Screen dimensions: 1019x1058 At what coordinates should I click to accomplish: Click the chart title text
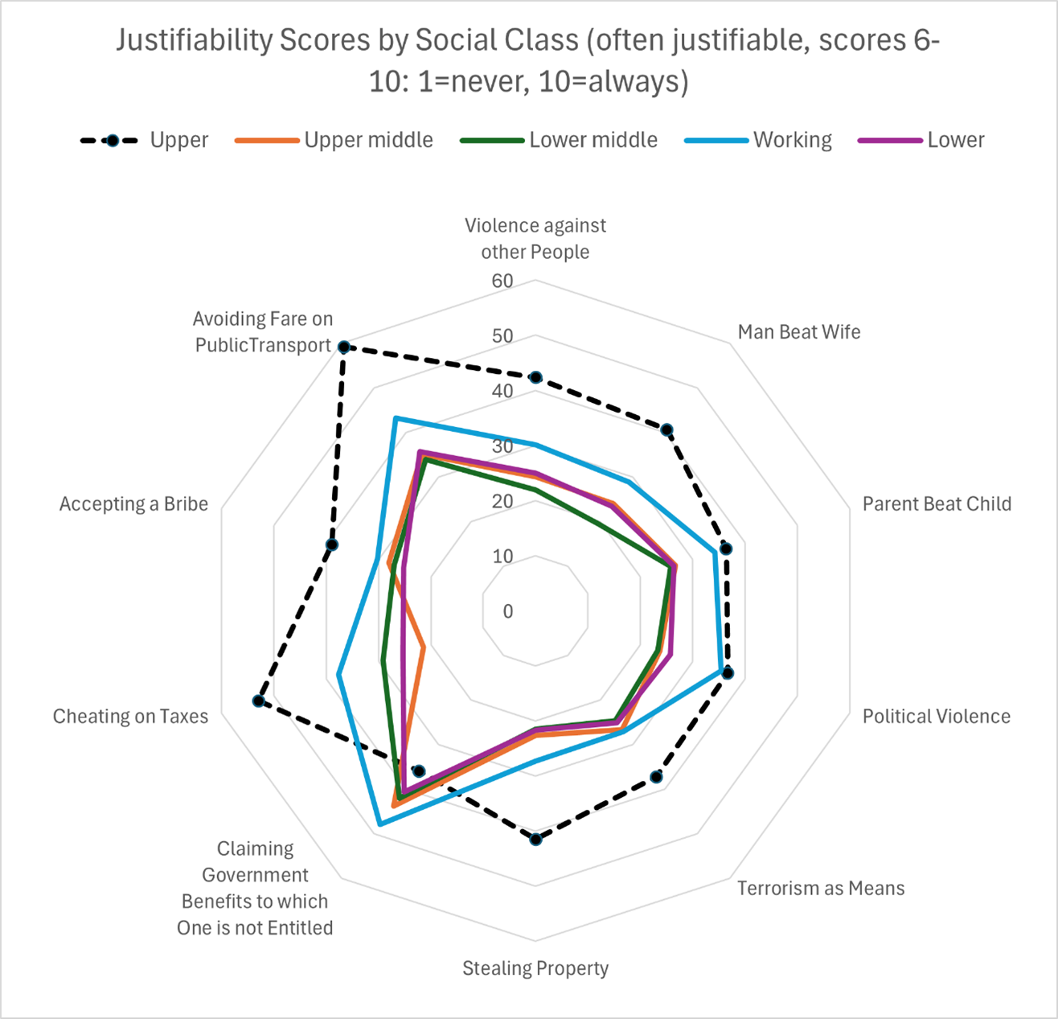[x=528, y=60]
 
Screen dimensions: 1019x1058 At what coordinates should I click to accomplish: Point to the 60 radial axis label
[x=502, y=281]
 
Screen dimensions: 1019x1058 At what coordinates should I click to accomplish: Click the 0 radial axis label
[x=507, y=611]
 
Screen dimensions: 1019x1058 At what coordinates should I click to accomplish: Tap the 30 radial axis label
[x=502, y=446]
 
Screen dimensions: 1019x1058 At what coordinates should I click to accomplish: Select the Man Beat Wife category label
[x=798, y=331]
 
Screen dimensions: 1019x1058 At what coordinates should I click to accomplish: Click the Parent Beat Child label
[x=937, y=503]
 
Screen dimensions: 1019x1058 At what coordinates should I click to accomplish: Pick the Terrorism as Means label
[x=821, y=888]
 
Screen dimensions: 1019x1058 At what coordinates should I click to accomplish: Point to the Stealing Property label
[x=535, y=968]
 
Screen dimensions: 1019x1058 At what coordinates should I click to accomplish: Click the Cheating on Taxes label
[x=130, y=716]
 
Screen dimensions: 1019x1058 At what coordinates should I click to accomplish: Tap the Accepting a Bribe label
[x=133, y=503]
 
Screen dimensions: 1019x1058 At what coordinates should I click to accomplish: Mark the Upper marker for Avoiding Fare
[x=343, y=347]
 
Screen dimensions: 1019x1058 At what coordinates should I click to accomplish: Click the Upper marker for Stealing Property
[x=536, y=840]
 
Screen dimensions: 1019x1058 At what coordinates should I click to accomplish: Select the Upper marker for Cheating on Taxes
[x=258, y=701]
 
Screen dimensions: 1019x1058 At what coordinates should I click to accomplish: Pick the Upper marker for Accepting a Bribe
[x=332, y=545]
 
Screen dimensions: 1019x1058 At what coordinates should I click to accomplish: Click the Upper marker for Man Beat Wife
[x=666, y=430]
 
